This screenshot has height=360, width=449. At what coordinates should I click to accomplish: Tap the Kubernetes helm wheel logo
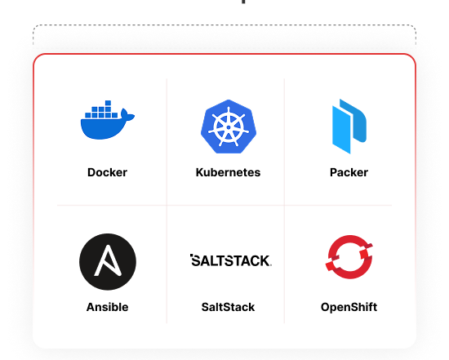[229, 127]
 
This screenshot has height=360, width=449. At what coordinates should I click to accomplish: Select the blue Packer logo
[349, 127]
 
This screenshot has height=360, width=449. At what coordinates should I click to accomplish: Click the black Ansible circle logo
[108, 262]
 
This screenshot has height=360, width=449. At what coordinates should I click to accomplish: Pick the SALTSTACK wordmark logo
[231, 260]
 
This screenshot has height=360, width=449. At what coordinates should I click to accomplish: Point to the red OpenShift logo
[349, 257]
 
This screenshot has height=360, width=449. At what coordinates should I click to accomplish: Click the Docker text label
[108, 172]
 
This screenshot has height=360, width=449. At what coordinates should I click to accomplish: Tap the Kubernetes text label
[229, 172]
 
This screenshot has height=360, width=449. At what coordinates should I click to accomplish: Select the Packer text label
[349, 172]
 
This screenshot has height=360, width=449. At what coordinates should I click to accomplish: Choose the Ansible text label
[108, 307]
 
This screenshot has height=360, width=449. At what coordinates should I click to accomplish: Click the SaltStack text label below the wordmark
[229, 307]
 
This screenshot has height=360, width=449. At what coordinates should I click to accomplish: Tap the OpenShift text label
[349, 307]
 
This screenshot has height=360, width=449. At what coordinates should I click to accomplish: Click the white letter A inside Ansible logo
[108, 260]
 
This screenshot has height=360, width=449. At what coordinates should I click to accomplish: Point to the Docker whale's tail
[127, 114]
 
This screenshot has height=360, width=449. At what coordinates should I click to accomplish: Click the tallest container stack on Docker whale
[108, 109]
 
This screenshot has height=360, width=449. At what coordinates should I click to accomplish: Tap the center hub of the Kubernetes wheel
[229, 127]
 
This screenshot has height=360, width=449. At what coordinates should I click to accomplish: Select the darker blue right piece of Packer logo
[353, 121]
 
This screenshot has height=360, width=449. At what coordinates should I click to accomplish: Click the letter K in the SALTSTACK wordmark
[264, 260]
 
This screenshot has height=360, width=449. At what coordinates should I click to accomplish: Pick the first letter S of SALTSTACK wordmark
[197, 260]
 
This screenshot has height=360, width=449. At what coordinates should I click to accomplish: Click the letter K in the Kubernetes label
[199, 172]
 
